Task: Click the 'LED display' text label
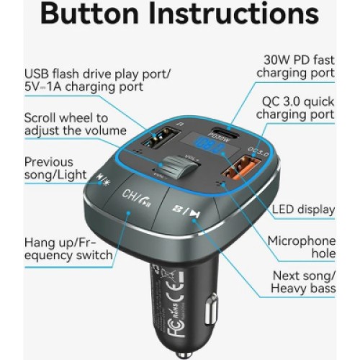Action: (304, 210)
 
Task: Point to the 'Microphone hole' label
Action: (302, 247)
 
